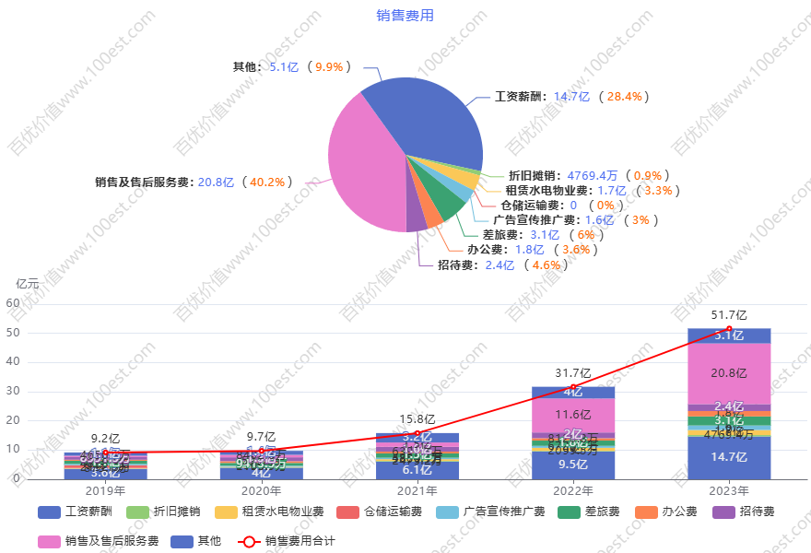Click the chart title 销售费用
[405, 15]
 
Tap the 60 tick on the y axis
[13, 302]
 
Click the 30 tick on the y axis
[13, 391]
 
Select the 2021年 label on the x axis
[417, 491]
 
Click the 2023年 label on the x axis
[729, 491]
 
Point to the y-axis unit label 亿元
[28, 284]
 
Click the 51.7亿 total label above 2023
[729, 315]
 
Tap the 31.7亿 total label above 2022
[573, 373]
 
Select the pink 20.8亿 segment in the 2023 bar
[729, 373]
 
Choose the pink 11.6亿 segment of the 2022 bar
[573, 415]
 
